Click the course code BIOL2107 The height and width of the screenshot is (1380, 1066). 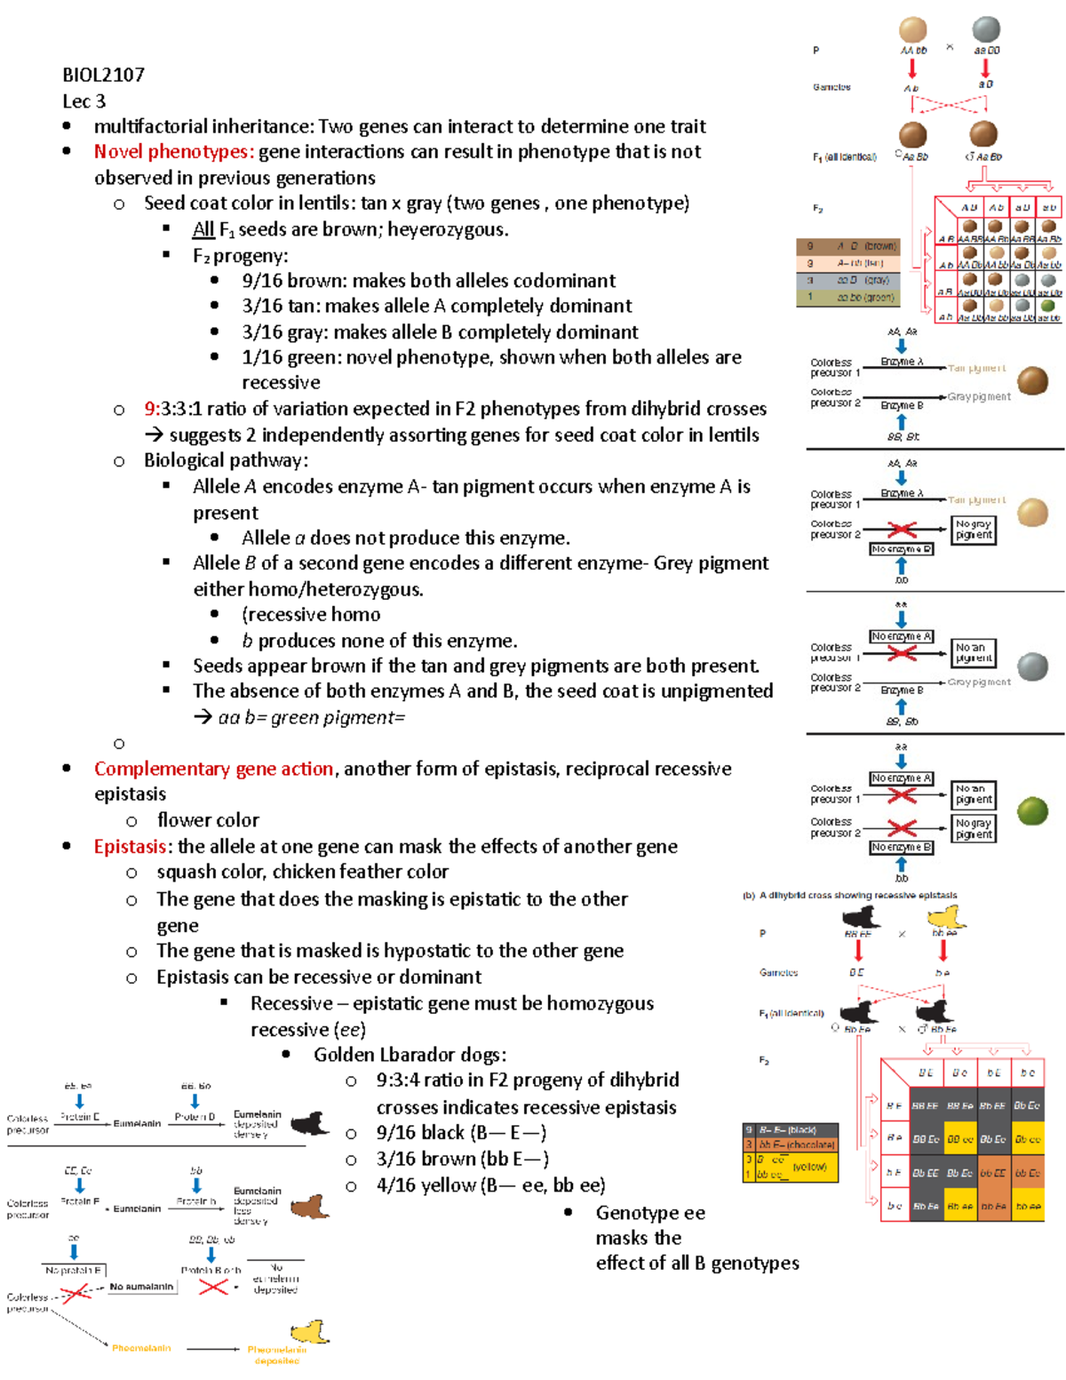(103, 76)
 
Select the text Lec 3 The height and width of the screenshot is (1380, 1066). (84, 101)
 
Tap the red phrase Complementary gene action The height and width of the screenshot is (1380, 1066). (213, 769)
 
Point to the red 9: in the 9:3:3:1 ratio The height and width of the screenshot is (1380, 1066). (152, 409)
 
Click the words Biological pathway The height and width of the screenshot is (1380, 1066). (226, 460)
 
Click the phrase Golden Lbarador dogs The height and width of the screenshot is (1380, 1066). (410, 1055)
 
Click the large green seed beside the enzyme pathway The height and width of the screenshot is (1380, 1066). (1032, 810)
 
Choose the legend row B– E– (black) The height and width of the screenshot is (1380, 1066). (791, 1130)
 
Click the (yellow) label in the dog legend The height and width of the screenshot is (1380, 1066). (809, 1167)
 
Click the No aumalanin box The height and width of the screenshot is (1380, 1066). (142, 1287)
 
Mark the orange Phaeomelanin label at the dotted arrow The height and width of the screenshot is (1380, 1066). (141, 1348)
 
